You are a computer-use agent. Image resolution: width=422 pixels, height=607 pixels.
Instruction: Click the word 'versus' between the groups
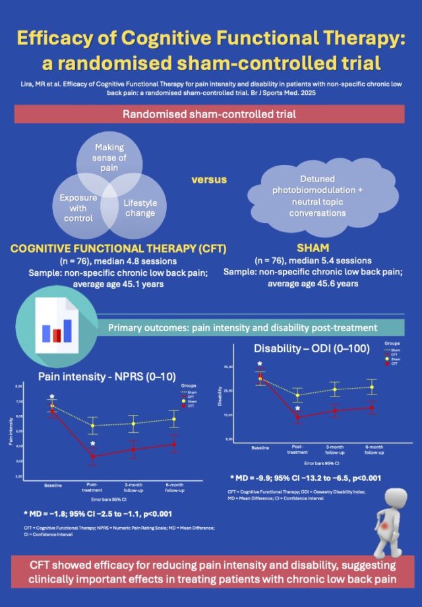[x=210, y=179]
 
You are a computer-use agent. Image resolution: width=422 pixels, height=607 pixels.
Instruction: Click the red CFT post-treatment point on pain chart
[x=92, y=456]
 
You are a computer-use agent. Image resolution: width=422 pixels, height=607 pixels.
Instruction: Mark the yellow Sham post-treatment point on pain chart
[x=92, y=426]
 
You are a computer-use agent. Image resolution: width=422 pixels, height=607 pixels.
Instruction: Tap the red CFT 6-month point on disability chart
[x=373, y=408]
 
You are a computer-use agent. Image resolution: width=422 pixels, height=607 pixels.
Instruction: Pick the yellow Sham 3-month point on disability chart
[x=335, y=389]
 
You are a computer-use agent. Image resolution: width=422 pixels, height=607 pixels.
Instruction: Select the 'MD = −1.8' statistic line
[x=98, y=513]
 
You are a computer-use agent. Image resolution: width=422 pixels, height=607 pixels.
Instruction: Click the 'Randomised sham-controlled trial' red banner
[x=210, y=113]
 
